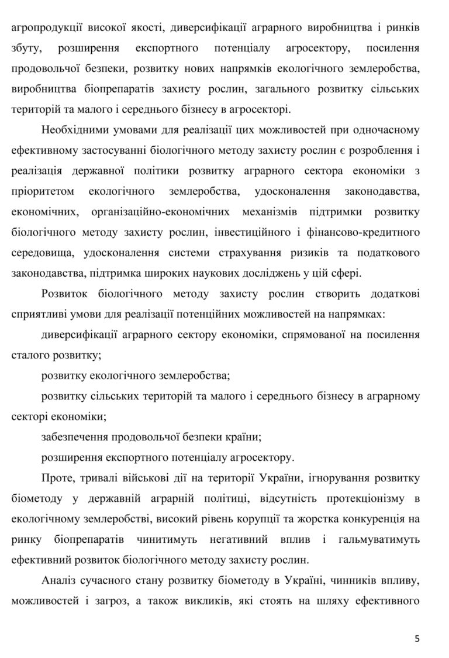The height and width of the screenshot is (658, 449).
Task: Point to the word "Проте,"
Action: point(59,477)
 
